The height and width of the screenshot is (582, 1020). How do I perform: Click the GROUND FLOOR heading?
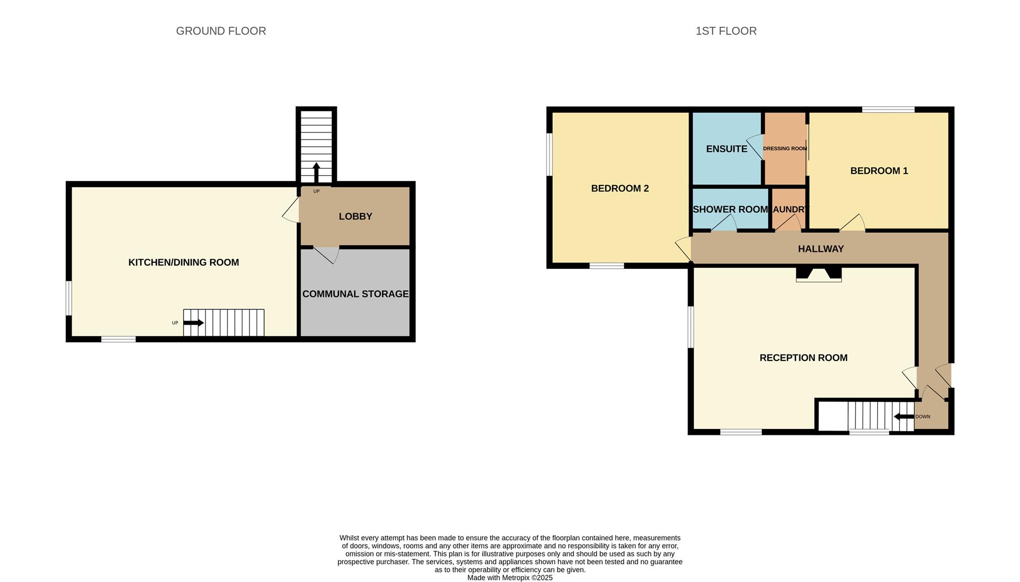click(x=221, y=31)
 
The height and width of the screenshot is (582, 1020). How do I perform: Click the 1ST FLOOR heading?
click(x=726, y=31)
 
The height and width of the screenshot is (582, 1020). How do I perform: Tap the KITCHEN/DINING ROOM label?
click(x=183, y=262)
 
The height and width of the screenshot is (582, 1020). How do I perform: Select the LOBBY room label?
click(x=355, y=217)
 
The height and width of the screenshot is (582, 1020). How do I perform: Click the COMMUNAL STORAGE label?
click(x=355, y=294)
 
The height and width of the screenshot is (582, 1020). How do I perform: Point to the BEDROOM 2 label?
click(x=620, y=189)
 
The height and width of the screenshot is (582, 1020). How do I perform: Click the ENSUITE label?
click(x=726, y=149)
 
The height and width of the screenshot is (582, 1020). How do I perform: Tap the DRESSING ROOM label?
click(x=785, y=149)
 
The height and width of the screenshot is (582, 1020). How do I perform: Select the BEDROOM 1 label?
click(x=879, y=171)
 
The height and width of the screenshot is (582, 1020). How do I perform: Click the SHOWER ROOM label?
click(x=730, y=210)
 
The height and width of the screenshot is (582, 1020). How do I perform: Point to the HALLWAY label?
click(x=821, y=249)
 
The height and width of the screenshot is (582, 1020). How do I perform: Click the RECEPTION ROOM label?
click(x=803, y=358)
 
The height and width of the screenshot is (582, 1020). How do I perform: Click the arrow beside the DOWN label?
click(x=904, y=417)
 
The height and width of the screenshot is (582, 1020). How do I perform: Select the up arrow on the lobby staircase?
click(x=316, y=172)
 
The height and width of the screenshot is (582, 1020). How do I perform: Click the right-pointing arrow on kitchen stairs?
click(x=193, y=323)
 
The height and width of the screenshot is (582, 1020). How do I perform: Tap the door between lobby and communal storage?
click(x=327, y=254)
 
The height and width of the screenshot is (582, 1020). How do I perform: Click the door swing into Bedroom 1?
click(x=853, y=223)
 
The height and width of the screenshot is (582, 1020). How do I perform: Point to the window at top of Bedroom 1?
click(x=888, y=110)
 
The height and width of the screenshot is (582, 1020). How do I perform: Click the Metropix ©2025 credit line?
click(x=510, y=578)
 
